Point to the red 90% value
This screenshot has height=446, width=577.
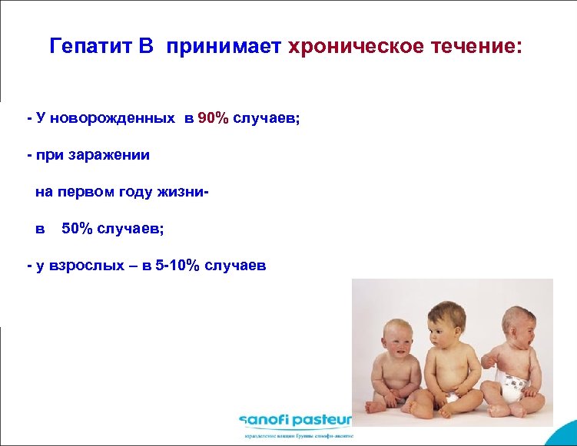click(x=213, y=119)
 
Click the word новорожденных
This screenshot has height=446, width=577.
click(x=125, y=119)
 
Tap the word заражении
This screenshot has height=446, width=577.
click(x=114, y=156)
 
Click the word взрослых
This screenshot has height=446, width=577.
click(x=80, y=266)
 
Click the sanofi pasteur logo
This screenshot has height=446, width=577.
click(x=295, y=420)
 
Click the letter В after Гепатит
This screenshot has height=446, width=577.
click(x=146, y=47)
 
